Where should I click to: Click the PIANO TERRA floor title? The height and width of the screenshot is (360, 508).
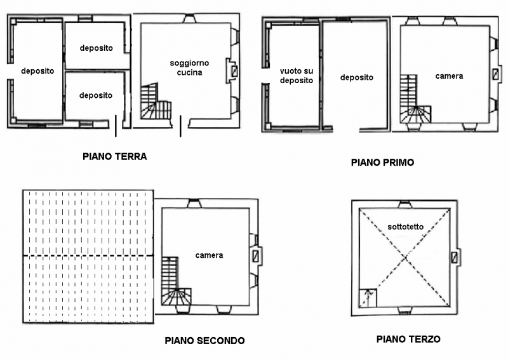pos(115,156)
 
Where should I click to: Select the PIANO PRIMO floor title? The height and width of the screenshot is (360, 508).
pos(383,163)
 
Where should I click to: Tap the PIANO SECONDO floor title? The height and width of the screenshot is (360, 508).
pos(204,340)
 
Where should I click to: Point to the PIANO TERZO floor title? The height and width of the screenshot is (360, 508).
pos(408,339)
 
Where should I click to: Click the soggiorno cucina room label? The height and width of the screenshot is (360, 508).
pos(189,68)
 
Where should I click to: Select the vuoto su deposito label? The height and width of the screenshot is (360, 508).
pos(297,76)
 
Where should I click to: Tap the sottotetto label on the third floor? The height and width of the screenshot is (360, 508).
pos(406,227)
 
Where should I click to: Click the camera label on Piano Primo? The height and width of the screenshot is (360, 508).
pos(449,76)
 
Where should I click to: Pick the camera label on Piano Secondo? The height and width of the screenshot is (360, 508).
pos(209,255)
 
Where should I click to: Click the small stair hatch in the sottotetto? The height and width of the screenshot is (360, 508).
pos(368,298)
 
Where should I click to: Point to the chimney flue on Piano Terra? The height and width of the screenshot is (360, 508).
pos(234,71)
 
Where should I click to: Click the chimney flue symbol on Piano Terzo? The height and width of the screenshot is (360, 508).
pos(455,258)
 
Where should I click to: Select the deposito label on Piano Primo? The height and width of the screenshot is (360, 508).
pos(357,77)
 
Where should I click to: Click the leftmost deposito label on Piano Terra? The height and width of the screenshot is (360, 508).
pos(37,71)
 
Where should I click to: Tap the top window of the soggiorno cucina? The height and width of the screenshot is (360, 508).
pos(189,19)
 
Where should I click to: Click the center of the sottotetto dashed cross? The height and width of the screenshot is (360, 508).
pos(405,258)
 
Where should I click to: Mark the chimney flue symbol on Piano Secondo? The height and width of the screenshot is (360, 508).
pos(256,256)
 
